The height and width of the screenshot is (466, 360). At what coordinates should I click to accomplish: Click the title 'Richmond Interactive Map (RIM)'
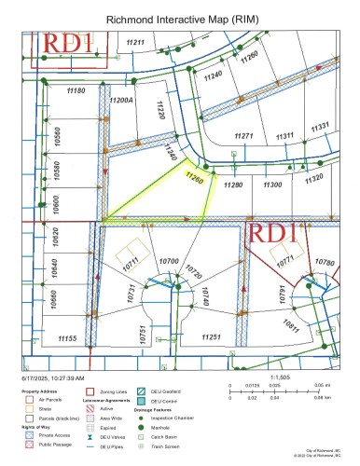[x=180, y=18]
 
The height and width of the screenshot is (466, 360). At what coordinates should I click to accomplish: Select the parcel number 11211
[x=137, y=43]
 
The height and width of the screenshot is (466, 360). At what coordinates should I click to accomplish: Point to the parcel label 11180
[x=76, y=90]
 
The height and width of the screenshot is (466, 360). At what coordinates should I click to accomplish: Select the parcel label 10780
[x=324, y=263]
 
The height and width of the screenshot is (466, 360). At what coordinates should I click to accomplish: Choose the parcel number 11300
[x=272, y=185]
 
